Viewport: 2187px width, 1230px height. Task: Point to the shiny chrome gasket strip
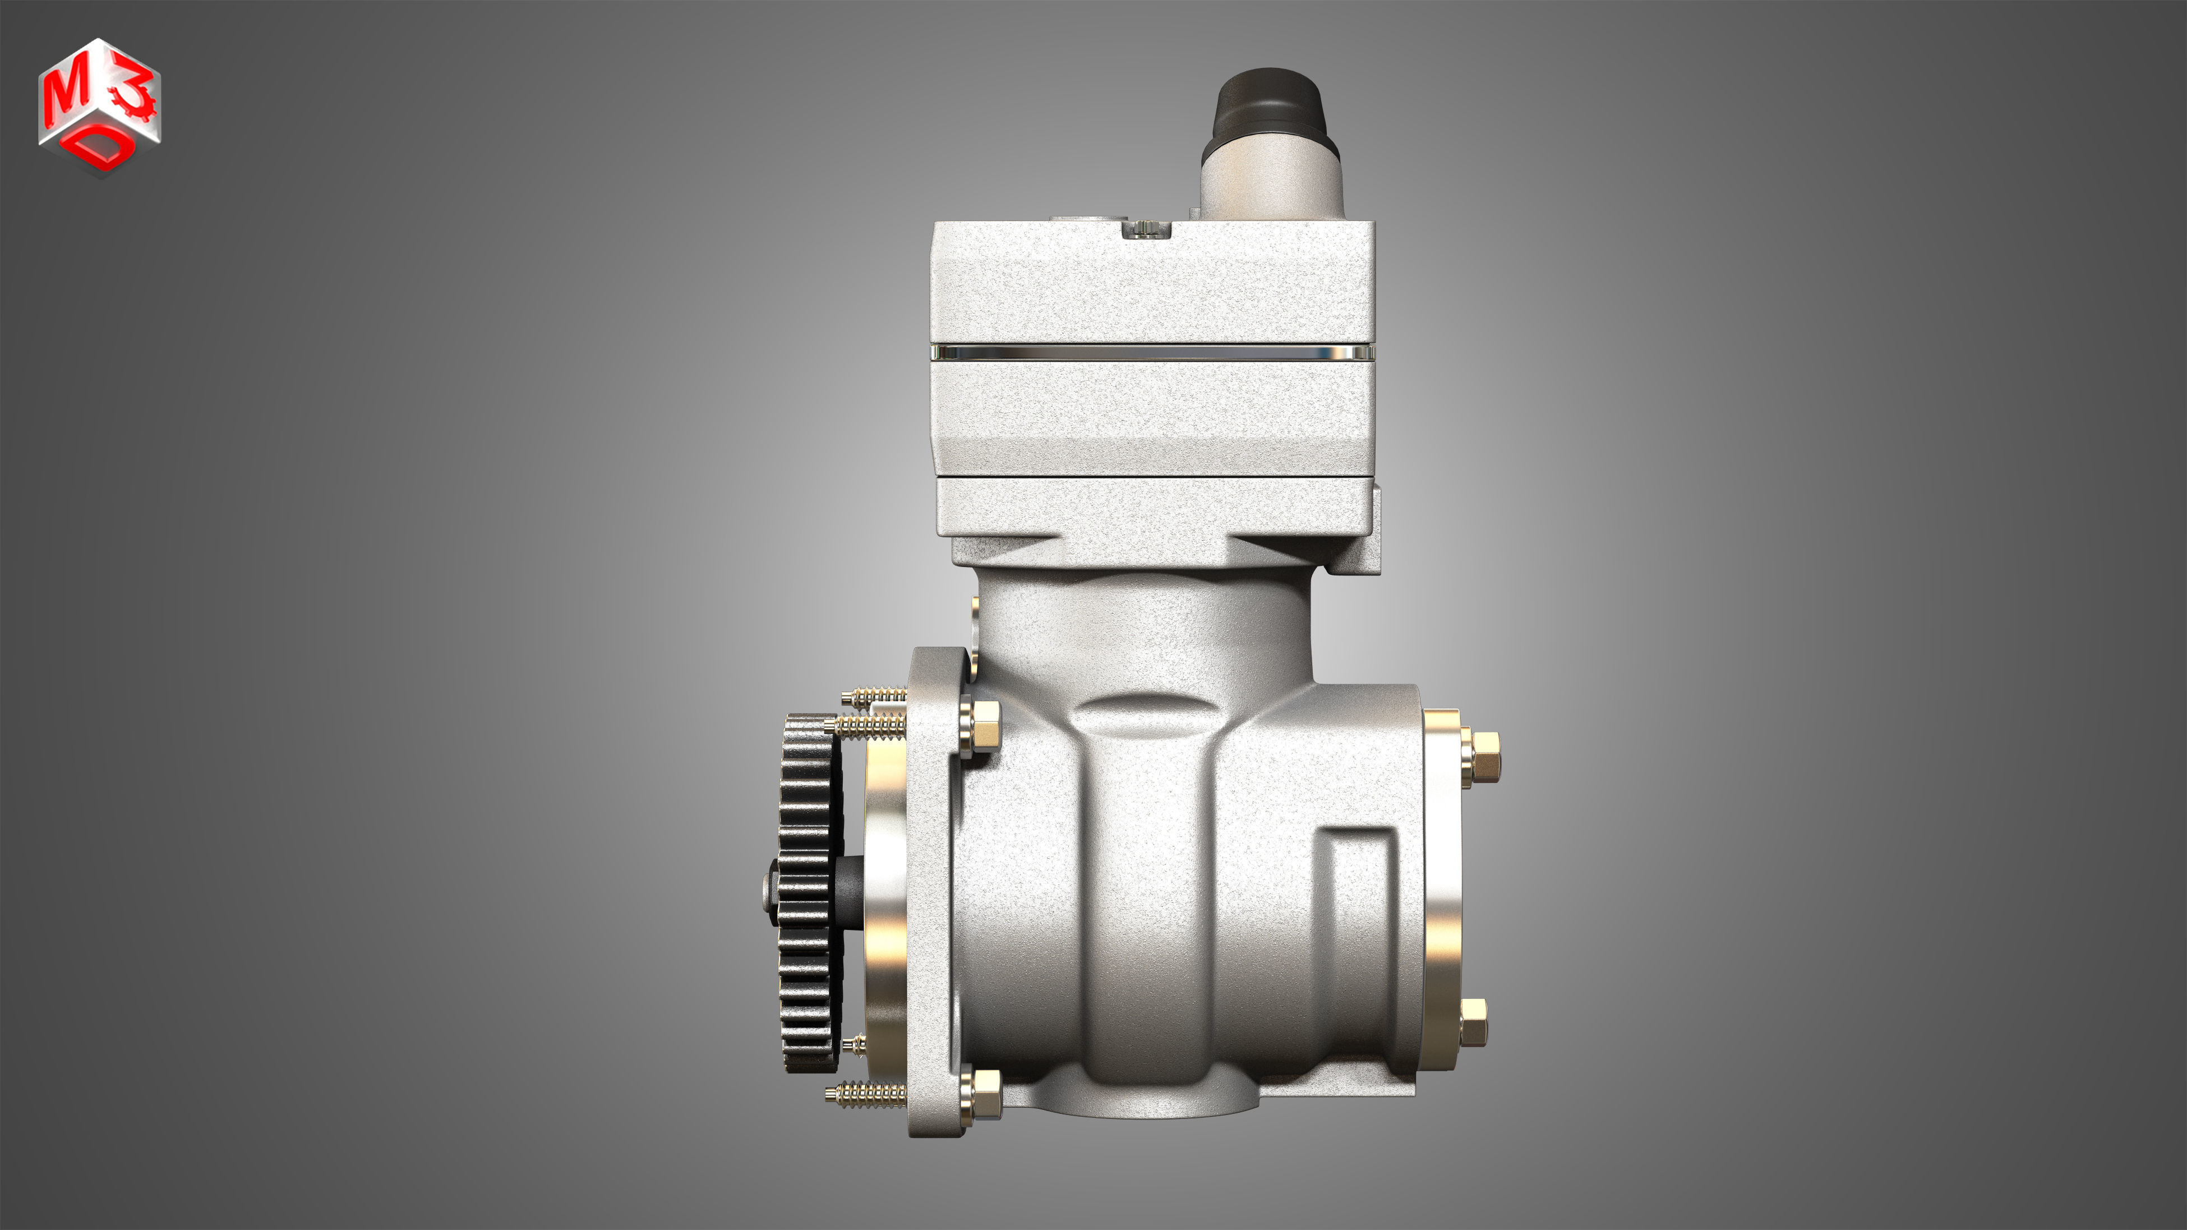tap(1152, 352)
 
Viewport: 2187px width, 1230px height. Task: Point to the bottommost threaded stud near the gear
tap(866, 1094)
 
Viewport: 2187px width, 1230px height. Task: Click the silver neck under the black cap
tap(1271, 182)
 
